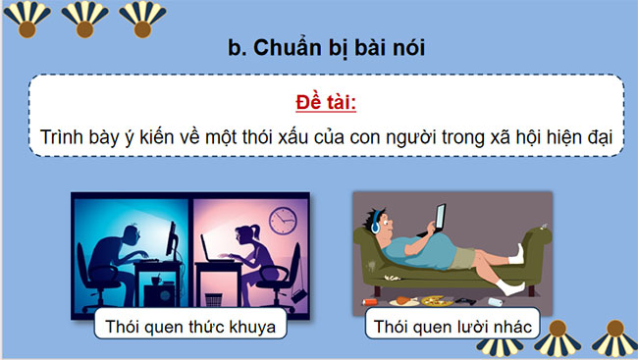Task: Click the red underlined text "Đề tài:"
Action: (319, 102)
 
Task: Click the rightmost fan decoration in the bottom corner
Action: (612, 336)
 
